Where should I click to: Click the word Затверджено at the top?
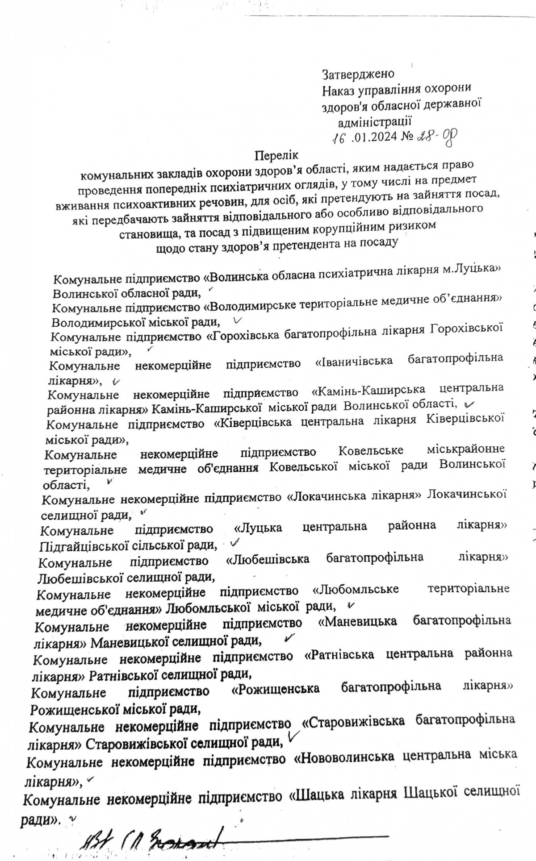click(x=358, y=73)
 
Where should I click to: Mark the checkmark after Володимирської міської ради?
click(x=237, y=320)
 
